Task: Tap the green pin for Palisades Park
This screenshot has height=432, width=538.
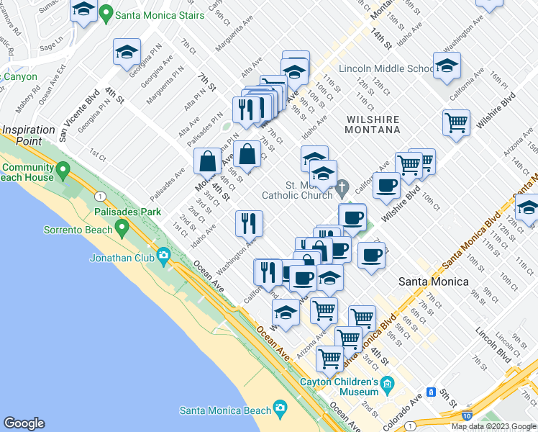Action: pos(122,228)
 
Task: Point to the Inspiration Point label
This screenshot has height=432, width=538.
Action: pos(28,135)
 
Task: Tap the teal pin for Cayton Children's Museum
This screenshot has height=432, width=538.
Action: pos(388,383)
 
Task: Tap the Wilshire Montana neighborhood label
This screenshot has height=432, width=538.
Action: pos(372,124)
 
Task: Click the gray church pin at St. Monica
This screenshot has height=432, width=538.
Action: pos(345,188)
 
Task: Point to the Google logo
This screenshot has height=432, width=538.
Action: pos(24,423)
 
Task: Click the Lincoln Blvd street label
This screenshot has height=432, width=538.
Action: pos(493,346)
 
